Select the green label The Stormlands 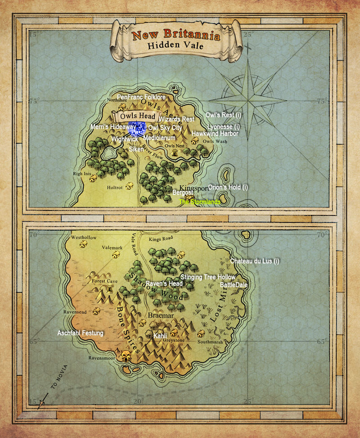200,202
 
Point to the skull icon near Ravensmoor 126,357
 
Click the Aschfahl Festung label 81,333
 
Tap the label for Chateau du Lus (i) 255,261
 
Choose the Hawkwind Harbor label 215,134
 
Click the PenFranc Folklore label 141,97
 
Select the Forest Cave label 105,281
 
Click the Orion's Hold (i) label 228,187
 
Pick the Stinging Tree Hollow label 207,277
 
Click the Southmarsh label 210,342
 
